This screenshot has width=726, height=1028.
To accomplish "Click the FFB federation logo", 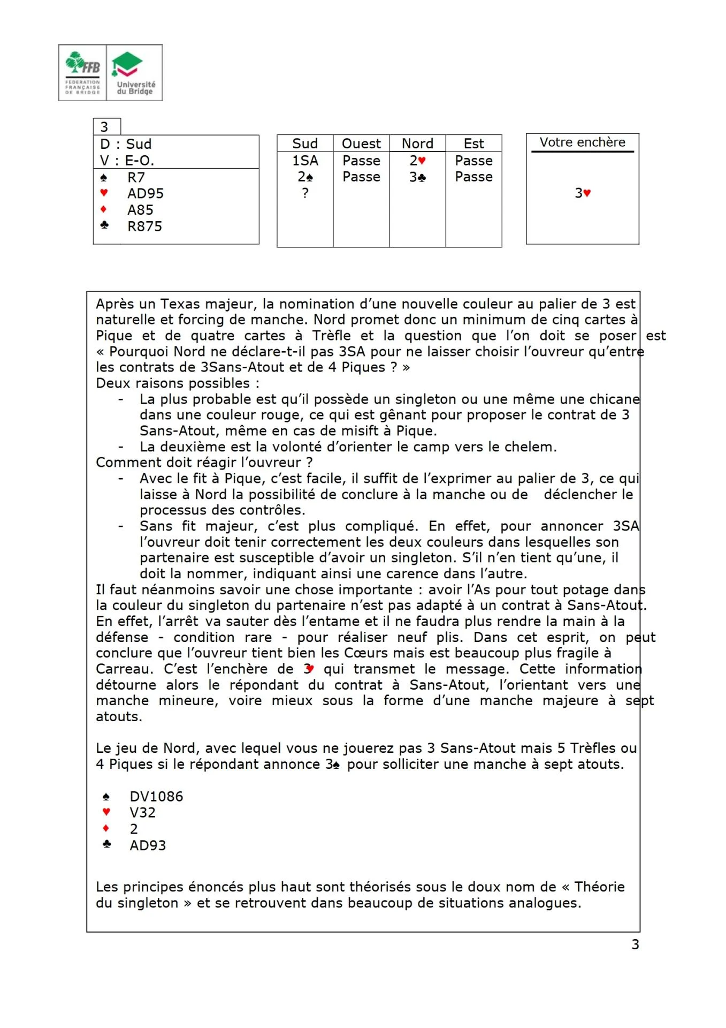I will click(x=82, y=73).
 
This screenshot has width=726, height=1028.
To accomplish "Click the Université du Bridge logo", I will click(x=135, y=73).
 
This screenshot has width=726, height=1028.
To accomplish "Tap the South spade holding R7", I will click(x=136, y=177).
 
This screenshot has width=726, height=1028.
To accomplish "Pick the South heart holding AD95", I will click(x=145, y=193).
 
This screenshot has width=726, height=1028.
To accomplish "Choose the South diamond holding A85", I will click(x=140, y=210).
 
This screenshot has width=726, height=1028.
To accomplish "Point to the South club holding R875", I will click(x=144, y=226).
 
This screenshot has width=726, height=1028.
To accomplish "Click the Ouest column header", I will click(x=361, y=143).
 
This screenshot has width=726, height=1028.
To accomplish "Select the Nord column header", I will click(x=417, y=143).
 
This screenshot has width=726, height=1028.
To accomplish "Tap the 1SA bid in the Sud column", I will click(x=305, y=160).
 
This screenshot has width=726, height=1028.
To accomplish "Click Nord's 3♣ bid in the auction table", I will click(x=417, y=177).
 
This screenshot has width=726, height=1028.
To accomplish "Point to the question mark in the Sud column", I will click(x=305, y=193).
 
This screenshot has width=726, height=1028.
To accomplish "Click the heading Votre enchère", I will click(x=582, y=142).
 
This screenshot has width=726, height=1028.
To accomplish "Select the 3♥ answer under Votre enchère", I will click(x=583, y=193).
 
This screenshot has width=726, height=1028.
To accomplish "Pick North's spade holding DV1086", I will click(x=156, y=797).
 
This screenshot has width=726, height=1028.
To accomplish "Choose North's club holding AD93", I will click(x=148, y=845).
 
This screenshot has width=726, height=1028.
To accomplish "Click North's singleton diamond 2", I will click(x=134, y=829).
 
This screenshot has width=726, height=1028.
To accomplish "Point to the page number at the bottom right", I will click(x=635, y=944).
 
